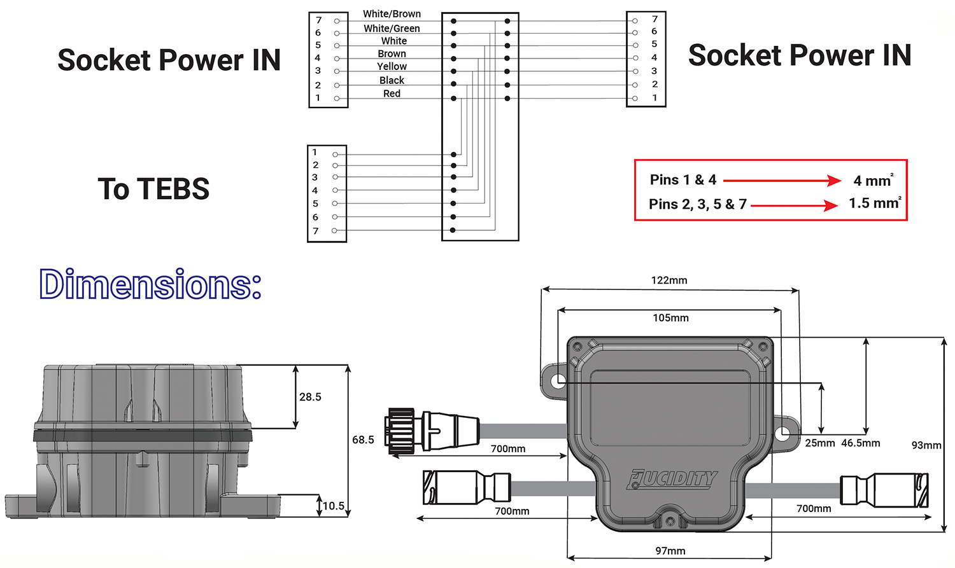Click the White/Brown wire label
pyautogui.click(x=392, y=14)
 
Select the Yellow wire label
pyautogui.click(x=392, y=66)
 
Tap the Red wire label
pyautogui.click(x=392, y=94)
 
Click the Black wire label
pyautogui.click(x=392, y=80)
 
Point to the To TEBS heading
pyautogui.click(x=153, y=189)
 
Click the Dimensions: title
pyautogui.click(x=150, y=284)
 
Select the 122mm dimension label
pyautogui.click(x=668, y=281)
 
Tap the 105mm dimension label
pyautogui.click(x=670, y=318)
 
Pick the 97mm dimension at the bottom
pyautogui.click(x=670, y=551)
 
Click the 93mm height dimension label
pyautogui.click(x=926, y=445)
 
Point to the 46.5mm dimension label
pyautogui.click(x=860, y=443)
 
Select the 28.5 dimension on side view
pyautogui.click(x=310, y=397)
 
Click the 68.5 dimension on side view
pyautogui.click(x=363, y=440)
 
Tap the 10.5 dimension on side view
pyautogui.click(x=334, y=506)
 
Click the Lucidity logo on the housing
pyautogui.click(x=672, y=479)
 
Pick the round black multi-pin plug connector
pyautogui.click(x=400, y=431)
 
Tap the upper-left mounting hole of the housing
pyautogui.click(x=558, y=381)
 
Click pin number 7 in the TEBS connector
pyautogui.click(x=315, y=231)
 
